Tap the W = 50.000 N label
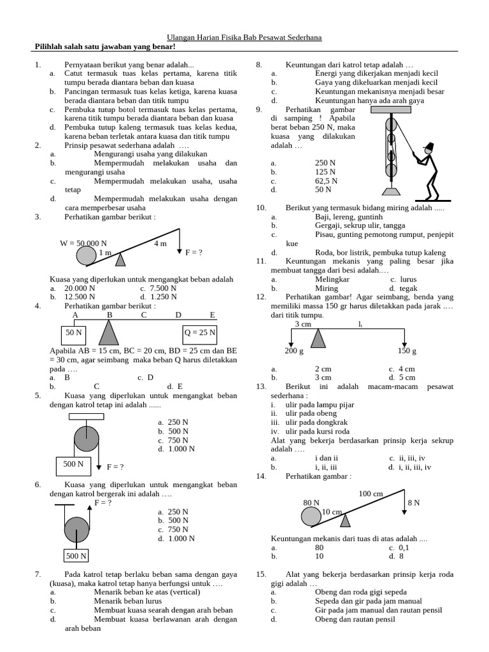pos(83,243)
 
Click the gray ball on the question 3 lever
pos(87,255)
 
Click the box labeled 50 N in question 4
pos(73,333)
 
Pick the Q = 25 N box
pos(201,333)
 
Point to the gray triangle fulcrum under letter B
pos(110,333)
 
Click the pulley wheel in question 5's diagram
pos(87,439)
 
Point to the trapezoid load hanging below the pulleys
pos(390,190)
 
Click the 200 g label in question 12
pos(294,351)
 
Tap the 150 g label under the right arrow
pos(407,351)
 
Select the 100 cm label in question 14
pos(371,493)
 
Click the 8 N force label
pos(414,502)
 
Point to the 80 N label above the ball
pos(311,502)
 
